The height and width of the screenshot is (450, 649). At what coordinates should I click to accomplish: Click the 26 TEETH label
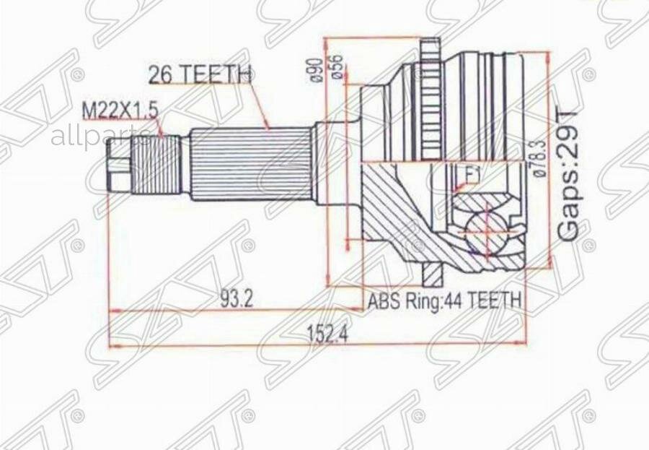tap(199, 74)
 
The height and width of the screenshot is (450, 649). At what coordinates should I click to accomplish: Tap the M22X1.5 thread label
tap(120, 110)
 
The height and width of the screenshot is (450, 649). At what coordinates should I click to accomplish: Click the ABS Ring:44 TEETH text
tap(444, 300)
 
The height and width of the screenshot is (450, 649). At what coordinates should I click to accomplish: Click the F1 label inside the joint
tap(472, 174)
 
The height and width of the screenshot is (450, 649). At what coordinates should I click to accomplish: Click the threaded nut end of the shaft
tap(120, 165)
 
